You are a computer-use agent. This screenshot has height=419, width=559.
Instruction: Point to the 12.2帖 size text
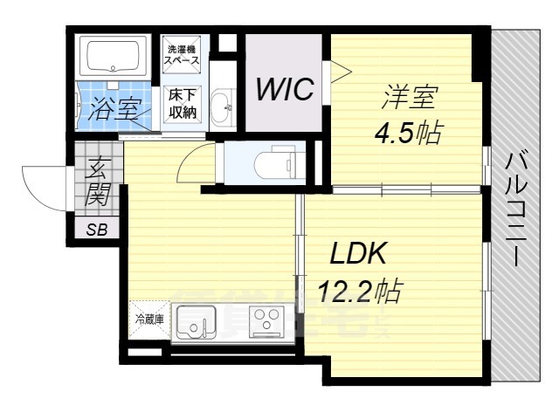[359, 290]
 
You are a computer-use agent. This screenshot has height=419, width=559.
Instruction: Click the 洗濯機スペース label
[183, 56]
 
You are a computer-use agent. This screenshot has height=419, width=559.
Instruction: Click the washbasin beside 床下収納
[224, 106]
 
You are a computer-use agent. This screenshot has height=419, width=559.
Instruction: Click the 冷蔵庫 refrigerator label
[147, 319]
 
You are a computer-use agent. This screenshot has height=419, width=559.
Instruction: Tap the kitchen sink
[195, 324]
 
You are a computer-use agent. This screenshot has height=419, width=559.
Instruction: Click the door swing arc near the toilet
[197, 163]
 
